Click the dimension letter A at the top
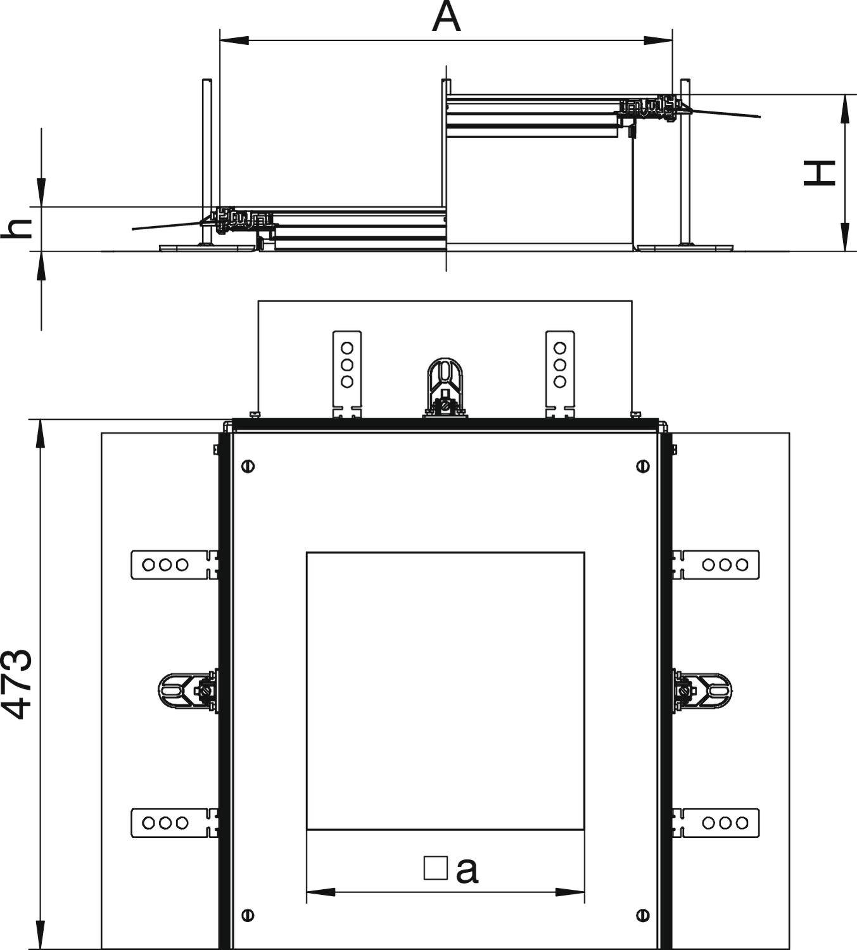tap(446, 18)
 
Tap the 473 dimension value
tap(17, 683)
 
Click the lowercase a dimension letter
tap(467, 871)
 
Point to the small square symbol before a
tap(435, 868)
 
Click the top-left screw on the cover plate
tap(248, 467)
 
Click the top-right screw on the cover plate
tap(643, 467)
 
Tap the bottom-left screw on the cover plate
tap(248, 915)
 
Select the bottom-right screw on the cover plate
tap(643, 915)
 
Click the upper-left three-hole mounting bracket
tap(171, 564)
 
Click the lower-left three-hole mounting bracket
tap(171, 823)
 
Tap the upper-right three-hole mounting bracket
tap(719, 564)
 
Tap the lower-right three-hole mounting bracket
tap(719, 823)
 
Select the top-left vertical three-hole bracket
tap(347, 370)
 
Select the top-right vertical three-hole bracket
tap(560, 370)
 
